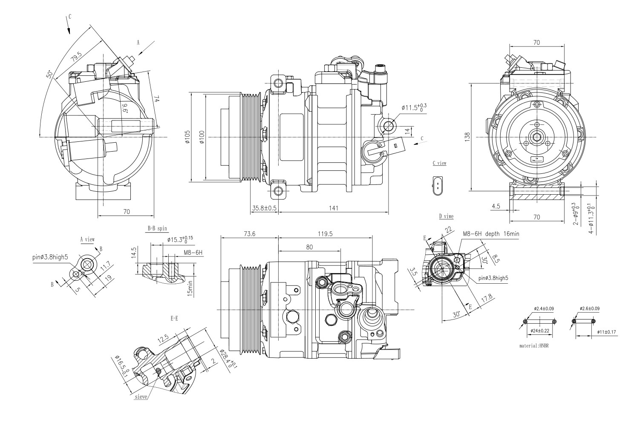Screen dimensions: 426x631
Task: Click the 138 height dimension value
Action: [467, 137]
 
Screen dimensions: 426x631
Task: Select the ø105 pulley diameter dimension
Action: [187, 137]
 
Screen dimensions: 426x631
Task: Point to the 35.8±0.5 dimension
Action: [264, 208]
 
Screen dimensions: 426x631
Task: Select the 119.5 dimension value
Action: [325, 234]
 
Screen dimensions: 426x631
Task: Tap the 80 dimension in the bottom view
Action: [309, 247]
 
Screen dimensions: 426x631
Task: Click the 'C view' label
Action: [439, 163]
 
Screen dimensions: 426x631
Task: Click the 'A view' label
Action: [87, 239]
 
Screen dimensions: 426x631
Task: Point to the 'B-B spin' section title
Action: [157, 228]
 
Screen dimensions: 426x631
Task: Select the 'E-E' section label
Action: [174, 318]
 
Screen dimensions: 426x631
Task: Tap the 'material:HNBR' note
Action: [534, 346]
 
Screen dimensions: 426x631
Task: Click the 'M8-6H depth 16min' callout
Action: [491, 234]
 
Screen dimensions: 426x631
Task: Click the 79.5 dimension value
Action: [77, 58]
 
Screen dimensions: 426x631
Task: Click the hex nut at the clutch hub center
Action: [537, 137]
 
